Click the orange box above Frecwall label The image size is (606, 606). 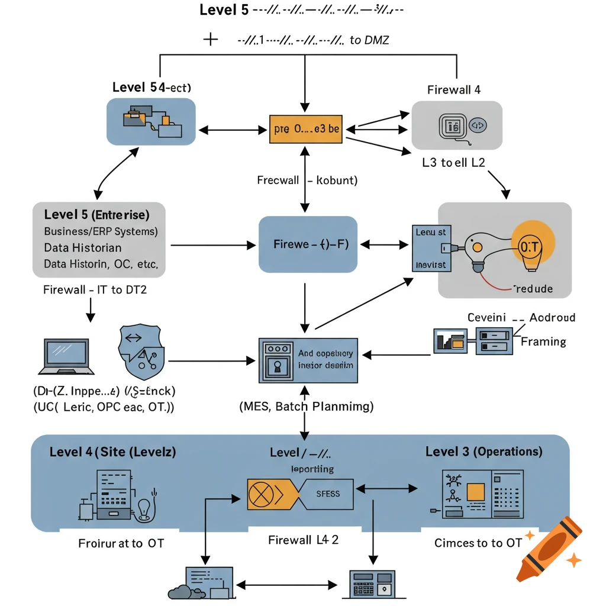306,128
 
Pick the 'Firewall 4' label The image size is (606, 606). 454,90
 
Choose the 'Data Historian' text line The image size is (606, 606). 83,247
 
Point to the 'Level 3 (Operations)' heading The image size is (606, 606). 483,452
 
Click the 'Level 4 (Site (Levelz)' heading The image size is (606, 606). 112,452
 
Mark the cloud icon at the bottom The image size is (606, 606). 181,592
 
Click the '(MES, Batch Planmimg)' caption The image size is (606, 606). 306,407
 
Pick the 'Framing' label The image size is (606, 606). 543,341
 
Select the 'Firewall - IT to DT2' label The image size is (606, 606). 95,290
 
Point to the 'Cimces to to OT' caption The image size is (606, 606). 478,543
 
